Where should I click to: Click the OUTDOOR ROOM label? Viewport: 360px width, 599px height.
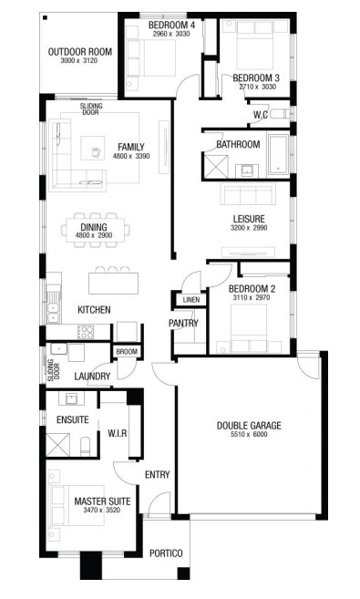pos(80,52)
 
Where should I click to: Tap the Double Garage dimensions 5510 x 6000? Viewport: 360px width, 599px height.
pos(249,434)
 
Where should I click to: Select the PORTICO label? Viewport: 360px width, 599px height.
pos(166,553)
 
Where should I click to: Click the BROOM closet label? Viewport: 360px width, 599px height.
pos(127,351)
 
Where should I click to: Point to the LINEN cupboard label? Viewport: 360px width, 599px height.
pos(190,299)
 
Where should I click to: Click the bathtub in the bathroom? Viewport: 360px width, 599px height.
pos(278,154)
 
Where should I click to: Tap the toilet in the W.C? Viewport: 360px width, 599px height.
pos(282,114)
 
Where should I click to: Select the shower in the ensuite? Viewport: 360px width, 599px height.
pos(58,445)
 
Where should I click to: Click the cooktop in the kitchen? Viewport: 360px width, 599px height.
pos(85,332)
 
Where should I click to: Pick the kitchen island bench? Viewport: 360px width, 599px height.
pos(113,283)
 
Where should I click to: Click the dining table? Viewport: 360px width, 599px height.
pos(95,230)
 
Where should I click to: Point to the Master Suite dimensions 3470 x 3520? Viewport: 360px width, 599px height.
pos(102,510)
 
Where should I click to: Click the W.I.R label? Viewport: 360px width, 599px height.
pos(118,433)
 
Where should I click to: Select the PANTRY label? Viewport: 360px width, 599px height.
pos(183,323)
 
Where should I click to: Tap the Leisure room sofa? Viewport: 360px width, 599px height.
pos(248,193)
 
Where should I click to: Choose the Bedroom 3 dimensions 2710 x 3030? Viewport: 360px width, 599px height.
pos(258,87)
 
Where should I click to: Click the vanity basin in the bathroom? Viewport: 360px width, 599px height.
pos(247,170)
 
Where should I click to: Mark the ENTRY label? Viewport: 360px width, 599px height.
pos(158,474)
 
